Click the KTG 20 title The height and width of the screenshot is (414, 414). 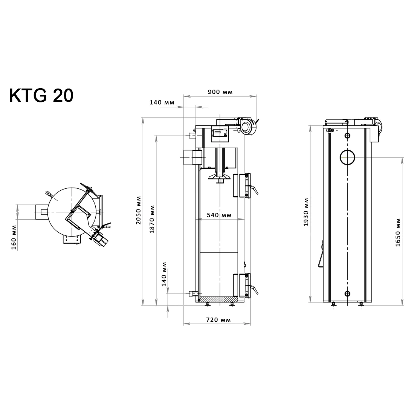(41, 95)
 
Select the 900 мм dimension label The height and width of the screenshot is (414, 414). (220, 92)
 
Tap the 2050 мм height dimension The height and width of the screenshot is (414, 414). (138, 210)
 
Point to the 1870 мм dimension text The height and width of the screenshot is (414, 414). (152, 219)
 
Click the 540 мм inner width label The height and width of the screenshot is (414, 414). (219, 215)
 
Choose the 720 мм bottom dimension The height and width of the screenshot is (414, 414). (218, 320)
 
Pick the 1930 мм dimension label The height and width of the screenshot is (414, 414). (306, 212)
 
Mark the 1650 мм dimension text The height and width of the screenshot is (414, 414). (398, 232)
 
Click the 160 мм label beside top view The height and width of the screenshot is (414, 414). (14, 237)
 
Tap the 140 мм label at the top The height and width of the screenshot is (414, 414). (162, 102)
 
